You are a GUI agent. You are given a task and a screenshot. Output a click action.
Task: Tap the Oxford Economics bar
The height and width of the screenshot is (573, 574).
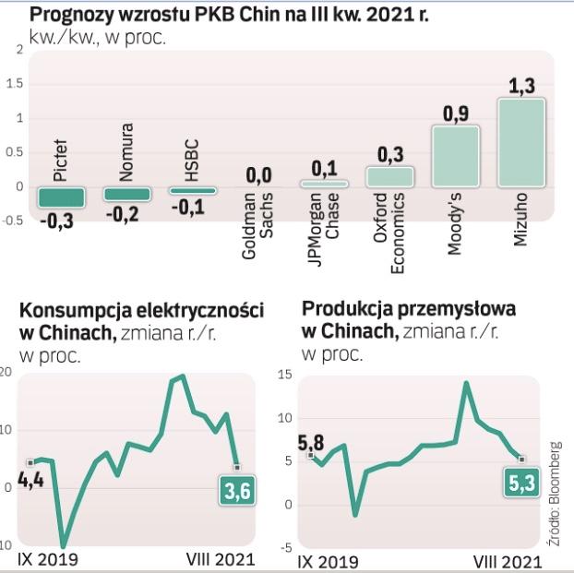pos(389,177)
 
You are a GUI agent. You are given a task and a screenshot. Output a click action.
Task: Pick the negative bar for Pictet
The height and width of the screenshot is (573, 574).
pos(61,197)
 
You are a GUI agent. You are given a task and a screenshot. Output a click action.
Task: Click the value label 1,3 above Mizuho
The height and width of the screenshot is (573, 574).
pos(521,87)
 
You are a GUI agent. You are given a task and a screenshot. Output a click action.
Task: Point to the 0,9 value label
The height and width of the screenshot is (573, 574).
pos(456,114)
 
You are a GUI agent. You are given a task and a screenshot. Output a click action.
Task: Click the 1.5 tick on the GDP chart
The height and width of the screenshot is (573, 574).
pos(14,84)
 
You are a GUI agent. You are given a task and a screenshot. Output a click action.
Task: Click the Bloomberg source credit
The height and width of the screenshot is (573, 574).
pos(555,494)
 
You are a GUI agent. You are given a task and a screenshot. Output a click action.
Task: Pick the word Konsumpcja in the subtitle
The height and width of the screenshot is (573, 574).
pos(64,311)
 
